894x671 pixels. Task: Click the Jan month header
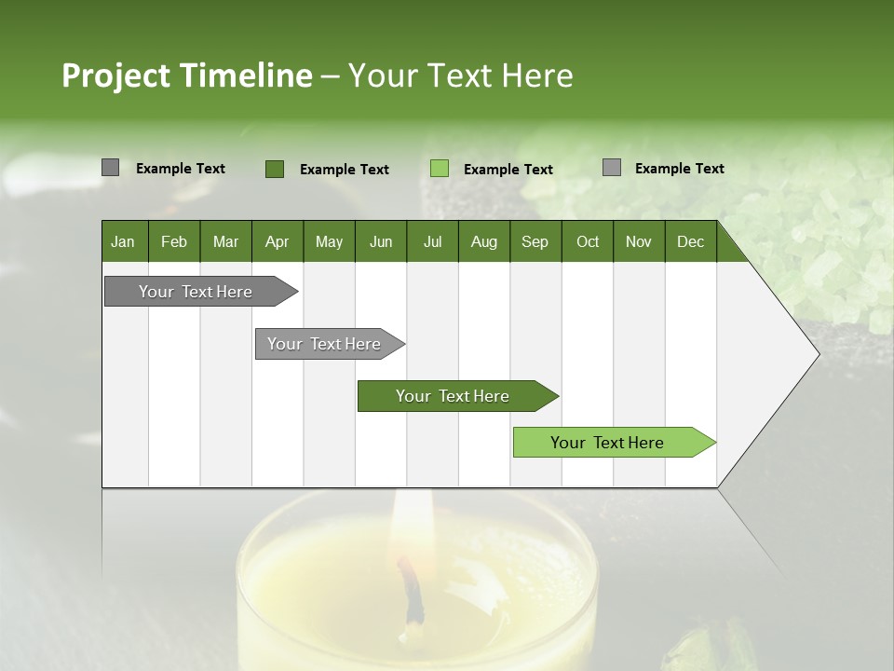coord(123,241)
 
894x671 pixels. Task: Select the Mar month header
coord(225,241)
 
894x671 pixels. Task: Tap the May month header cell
coord(329,241)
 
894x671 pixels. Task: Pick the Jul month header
coord(432,241)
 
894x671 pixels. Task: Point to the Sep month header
coord(535,241)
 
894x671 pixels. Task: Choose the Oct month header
coord(588,241)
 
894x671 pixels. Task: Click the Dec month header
coord(690,241)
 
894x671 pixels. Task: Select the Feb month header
coord(174,241)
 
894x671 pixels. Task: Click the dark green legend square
coord(274,169)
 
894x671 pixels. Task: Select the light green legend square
coord(440,169)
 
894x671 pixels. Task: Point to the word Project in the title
coord(115,75)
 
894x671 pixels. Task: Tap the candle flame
coord(407,522)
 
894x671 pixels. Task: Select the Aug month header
coord(483,241)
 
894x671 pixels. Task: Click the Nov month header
coord(638,241)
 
